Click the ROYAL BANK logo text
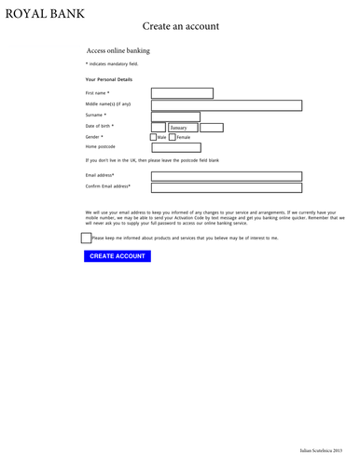pos(44,14)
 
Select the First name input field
pos(182,93)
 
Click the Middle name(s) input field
pos(227,105)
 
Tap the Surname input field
pos(175,116)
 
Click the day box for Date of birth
pos(158,127)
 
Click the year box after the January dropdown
pos(212,127)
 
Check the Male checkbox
pos(154,138)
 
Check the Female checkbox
pos(173,138)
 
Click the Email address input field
pos(227,175)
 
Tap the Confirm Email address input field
pos(227,186)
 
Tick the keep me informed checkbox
pos(87,238)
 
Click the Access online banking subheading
pos(118,50)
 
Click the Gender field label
pos(94,137)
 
